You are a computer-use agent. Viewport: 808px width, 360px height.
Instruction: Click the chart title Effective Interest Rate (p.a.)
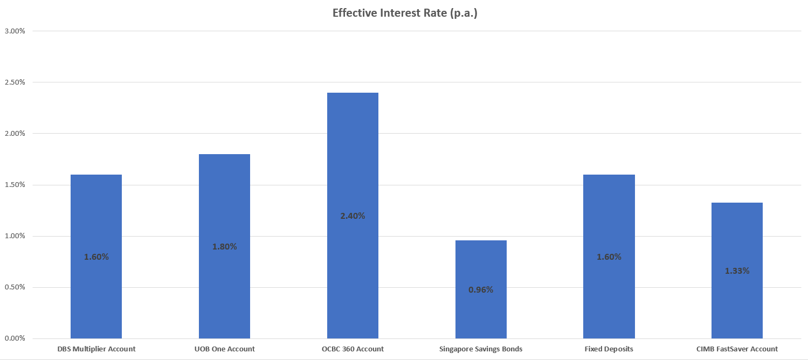404,13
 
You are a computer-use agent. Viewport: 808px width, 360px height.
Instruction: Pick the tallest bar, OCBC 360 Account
353,162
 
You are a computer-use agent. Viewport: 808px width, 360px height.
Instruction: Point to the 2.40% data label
353,216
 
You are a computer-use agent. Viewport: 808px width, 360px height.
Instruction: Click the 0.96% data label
481,290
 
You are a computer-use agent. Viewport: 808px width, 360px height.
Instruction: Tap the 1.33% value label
737,271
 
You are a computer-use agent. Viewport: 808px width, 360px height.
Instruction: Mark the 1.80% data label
224,247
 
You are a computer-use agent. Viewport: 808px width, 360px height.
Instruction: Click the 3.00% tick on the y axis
15,31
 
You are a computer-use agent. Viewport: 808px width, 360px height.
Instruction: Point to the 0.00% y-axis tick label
15,338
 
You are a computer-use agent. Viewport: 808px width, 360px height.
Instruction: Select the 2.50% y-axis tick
15,82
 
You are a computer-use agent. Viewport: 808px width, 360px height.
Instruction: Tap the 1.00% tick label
15,236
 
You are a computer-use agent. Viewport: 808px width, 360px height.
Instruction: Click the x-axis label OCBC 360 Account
353,349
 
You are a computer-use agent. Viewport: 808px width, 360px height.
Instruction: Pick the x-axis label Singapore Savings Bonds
481,349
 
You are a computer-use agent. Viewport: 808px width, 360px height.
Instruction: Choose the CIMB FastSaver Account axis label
737,349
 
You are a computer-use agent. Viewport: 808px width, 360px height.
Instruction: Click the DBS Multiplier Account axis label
96,349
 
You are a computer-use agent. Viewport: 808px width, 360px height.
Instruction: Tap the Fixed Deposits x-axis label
609,349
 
